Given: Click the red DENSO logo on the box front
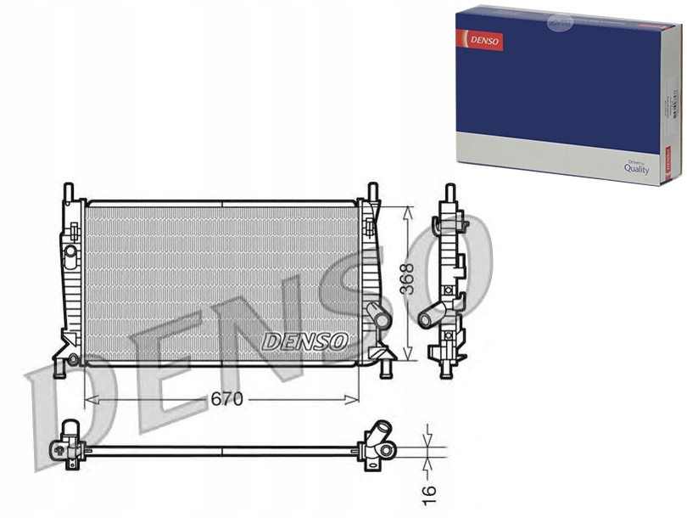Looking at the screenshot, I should pyautogui.click(x=480, y=40).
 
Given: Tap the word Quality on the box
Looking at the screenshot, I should pyautogui.click(x=636, y=169).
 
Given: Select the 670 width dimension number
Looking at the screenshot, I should pyautogui.click(x=226, y=398).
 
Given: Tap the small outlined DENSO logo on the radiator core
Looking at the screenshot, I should pyautogui.click(x=305, y=341).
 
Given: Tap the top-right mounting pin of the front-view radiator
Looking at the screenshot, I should pyautogui.click(x=372, y=191).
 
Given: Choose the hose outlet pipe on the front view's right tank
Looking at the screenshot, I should pyautogui.click(x=379, y=318).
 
